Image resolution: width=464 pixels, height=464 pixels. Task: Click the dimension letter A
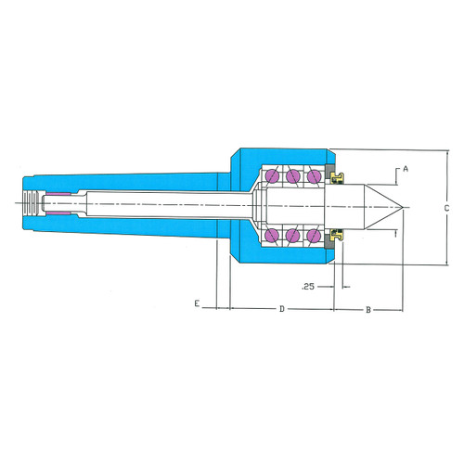pos(406,169)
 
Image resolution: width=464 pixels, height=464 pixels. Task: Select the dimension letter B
pos(368,310)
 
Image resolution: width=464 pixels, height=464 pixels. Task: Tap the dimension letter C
pos(446,209)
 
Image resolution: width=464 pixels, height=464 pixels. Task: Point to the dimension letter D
pos(282,309)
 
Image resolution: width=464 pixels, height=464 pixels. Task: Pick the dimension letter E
pos(197,303)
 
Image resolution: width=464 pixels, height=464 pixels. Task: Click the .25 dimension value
pos(308,287)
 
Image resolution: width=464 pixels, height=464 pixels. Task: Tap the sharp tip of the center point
pos(403,207)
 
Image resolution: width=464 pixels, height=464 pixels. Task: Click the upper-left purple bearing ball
pos(272,176)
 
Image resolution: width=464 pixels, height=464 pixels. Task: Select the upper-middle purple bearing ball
pos(293,176)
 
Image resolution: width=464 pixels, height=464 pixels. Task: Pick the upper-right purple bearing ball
pos(314,176)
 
